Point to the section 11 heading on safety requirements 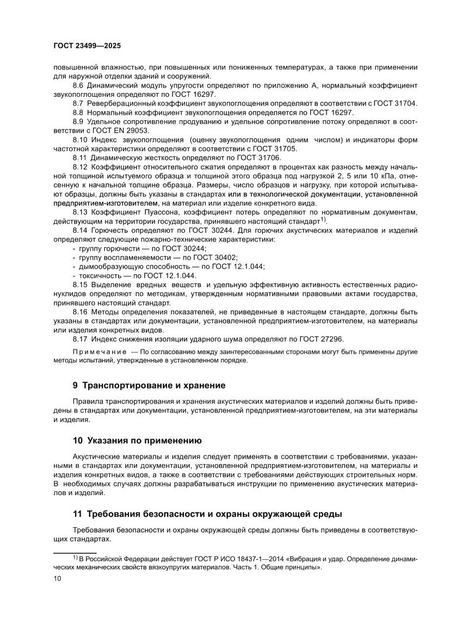click(x=207, y=514)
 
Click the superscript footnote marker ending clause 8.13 click(x=323, y=220)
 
